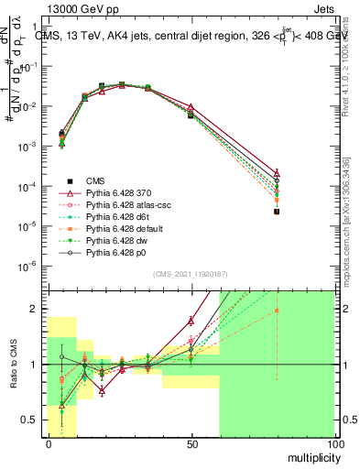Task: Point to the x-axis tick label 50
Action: pyautogui.click(x=191, y=442)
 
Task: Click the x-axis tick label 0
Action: pyautogui.click(x=49, y=442)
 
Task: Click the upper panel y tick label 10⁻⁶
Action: pyautogui.click(x=30, y=266)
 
